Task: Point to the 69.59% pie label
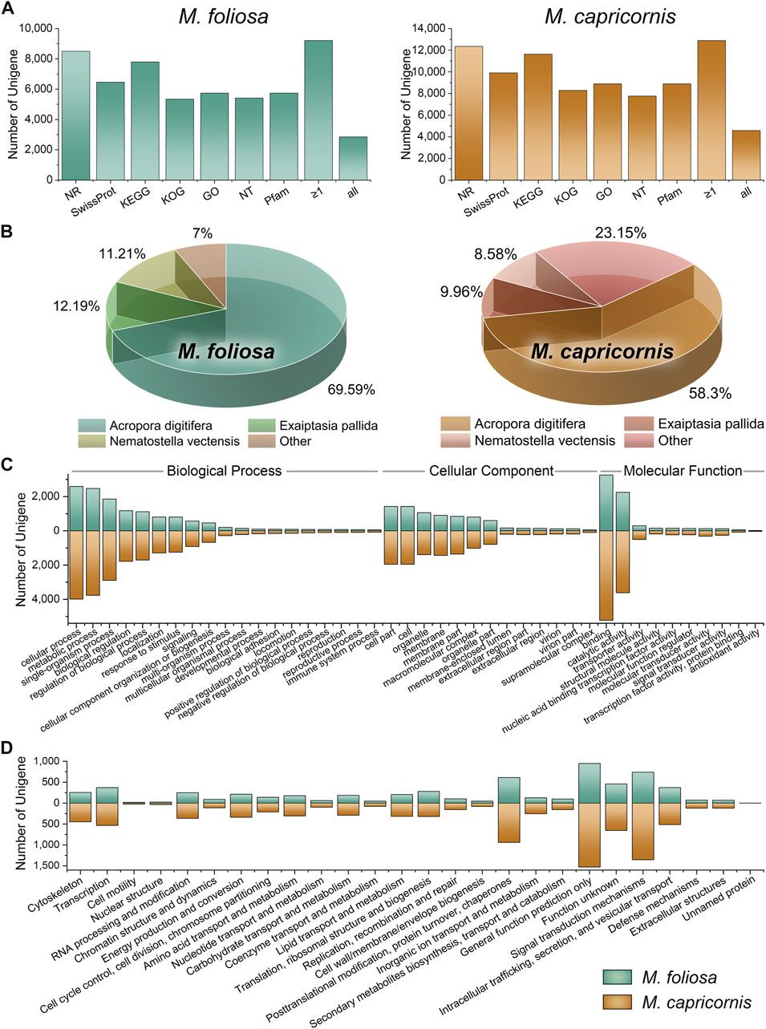click(351, 391)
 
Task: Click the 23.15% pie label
click(620, 233)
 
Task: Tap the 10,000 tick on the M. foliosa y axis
click(30, 28)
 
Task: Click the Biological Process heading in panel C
click(225, 471)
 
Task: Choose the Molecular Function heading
click(683, 471)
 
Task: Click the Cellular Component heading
click(492, 471)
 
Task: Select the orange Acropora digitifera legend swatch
click(456, 423)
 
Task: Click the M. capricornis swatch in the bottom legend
click(618, 1002)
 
